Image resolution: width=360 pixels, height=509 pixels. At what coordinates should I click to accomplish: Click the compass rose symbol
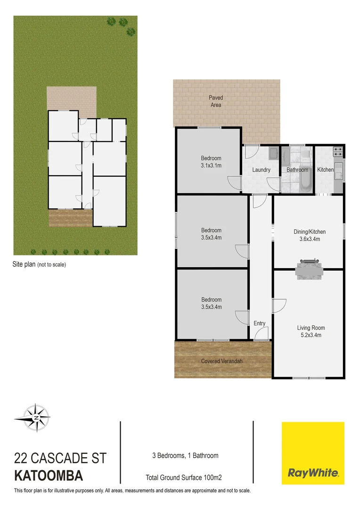click(32, 417)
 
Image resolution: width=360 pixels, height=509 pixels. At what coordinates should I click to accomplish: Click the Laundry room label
click(261, 170)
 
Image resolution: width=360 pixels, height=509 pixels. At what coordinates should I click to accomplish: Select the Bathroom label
click(297, 170)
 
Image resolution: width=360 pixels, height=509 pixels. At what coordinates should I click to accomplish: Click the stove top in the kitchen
click(338, 152)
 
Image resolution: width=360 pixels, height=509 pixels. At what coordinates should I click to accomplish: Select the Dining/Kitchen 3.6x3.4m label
click(310, 235)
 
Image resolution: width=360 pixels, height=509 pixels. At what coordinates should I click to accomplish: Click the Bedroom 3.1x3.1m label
click(211, 162)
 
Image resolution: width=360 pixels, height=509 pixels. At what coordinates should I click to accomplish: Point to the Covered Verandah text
click(222, 361)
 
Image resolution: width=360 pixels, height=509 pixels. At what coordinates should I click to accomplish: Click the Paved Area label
click(216, 101)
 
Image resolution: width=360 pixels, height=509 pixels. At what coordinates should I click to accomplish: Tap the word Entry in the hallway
click(260, 323)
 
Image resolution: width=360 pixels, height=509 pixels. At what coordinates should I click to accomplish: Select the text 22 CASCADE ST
click(61, 458)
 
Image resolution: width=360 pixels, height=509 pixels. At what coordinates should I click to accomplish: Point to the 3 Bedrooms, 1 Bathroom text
click(185, 455)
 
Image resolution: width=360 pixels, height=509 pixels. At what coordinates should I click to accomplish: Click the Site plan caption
click(39, 264)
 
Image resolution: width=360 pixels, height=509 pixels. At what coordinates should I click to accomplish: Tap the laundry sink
click(273, 153)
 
